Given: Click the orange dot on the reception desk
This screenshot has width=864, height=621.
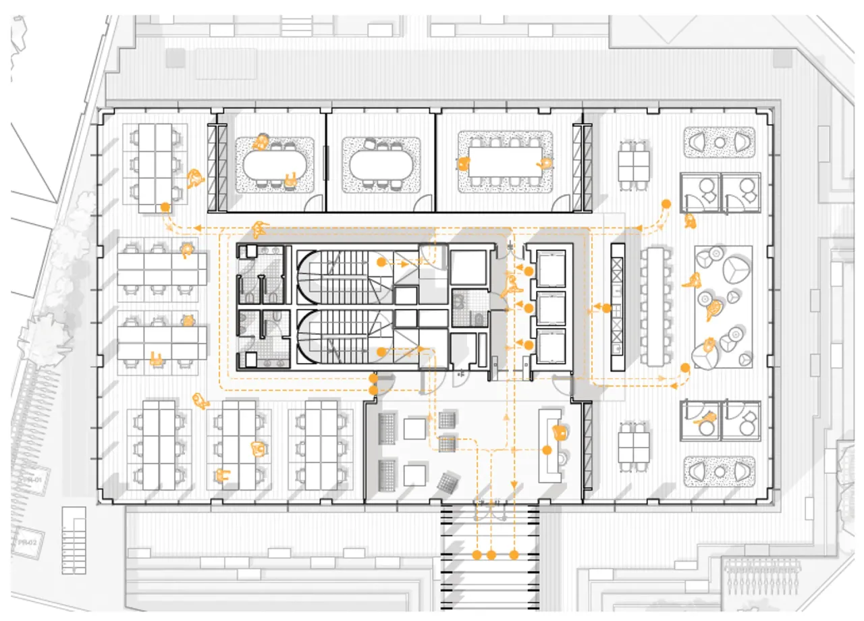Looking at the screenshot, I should (x=545, y=450).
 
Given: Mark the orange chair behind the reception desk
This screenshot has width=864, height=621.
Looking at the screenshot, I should (x=559, y=431).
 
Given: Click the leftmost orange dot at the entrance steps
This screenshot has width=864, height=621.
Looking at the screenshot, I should (x=477, y=555).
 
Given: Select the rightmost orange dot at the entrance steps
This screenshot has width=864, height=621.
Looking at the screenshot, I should (x=514, y=555).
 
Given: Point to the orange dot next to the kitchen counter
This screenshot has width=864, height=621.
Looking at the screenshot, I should (x=607, y=308).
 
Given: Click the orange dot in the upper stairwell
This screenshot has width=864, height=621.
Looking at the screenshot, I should (x=381, y=261).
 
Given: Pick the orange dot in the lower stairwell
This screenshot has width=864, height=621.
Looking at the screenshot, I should (x=381, y=352).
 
